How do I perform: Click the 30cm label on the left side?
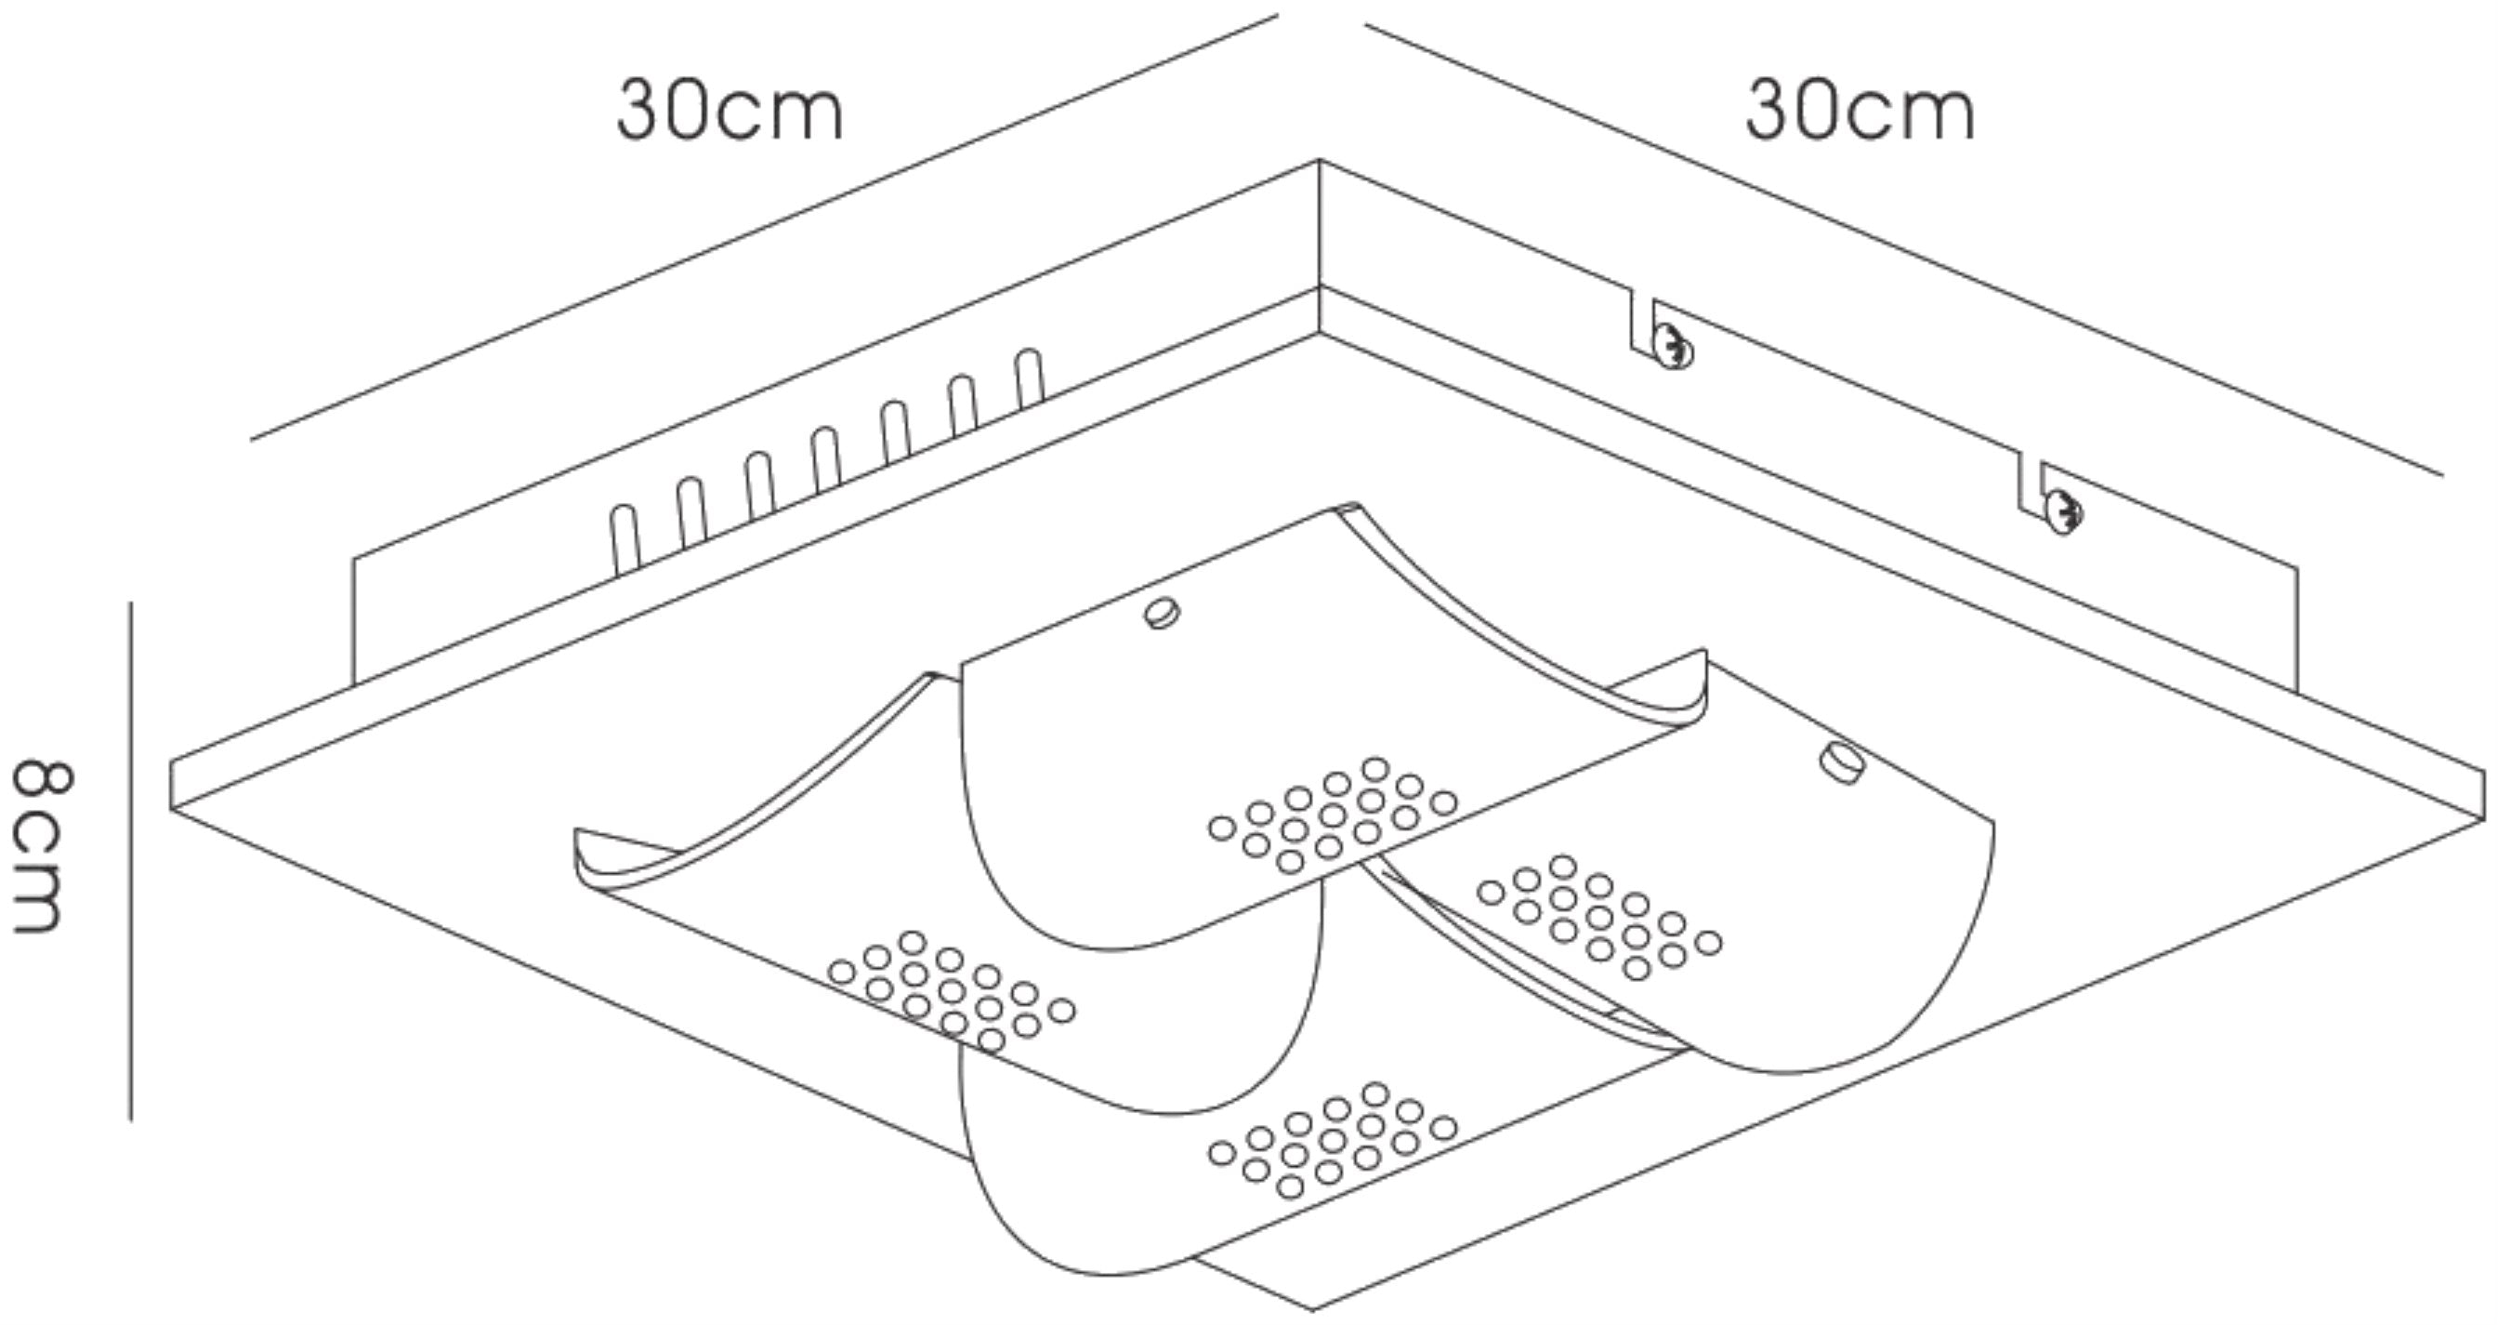pos(730,111)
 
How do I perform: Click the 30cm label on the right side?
pos(1860,111)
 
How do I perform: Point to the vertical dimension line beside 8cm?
pos(131,861)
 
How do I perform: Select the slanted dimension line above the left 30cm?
pos(764,228)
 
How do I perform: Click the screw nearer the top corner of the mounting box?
pos(1674,346)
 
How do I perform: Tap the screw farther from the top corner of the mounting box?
pos(2062,513)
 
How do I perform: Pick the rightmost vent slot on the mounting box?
pos(1031,378)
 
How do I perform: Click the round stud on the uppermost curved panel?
pos(1162,613)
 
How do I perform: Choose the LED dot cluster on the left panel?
pos(952,991)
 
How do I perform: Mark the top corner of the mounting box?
pos(1320,160)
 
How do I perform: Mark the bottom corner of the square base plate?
pos(1314,1309)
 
